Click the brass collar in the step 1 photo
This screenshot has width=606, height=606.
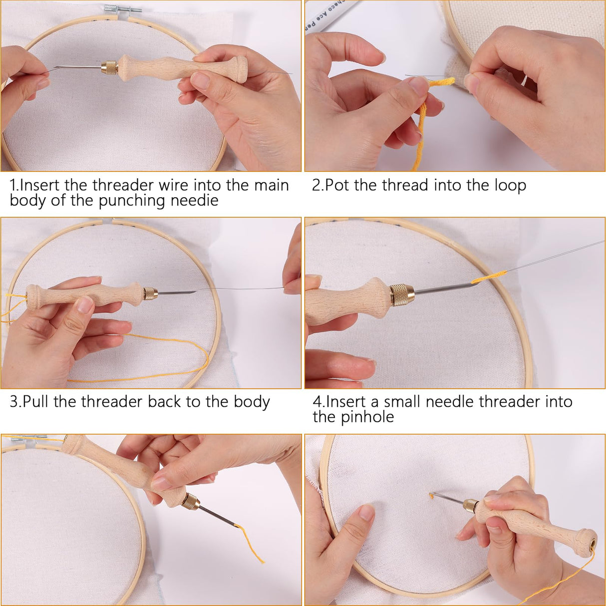pyautogui.click(x=110, y=67)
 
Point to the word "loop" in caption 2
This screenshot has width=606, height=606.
pyautogui.click(x=510, y=186)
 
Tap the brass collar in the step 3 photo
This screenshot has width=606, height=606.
pyautogui.click(x=150, y=293)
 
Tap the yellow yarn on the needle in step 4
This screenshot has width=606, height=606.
pyautogui.click(x=488, y=277)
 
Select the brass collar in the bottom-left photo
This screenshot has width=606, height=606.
pyautogui.click(x=191, y=501)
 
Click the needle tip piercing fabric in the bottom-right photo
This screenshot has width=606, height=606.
pyautogui.click(x=431, y=495)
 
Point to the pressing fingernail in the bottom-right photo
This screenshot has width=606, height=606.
pyautogui.click(x=366, y=512)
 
